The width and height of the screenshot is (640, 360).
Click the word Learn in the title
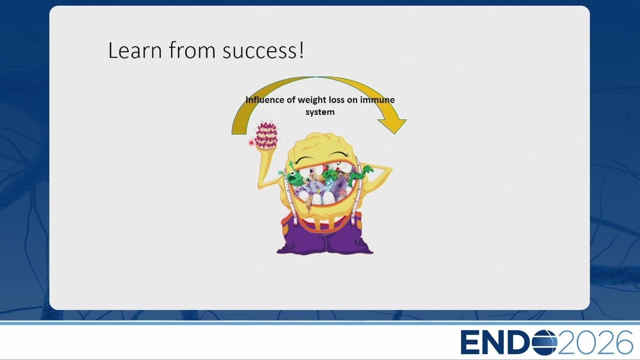[135, 50]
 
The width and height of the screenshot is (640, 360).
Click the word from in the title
[192, 50]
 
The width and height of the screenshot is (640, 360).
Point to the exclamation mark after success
[301, 50]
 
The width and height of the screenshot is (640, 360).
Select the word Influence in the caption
[265, 99]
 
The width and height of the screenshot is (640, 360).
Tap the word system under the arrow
[320, 112]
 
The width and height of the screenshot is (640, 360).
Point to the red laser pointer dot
[251, 143]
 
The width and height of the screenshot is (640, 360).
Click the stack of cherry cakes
[266, 134]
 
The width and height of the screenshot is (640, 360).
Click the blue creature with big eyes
[330, 183]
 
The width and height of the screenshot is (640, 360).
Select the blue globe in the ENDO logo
[544, 342]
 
